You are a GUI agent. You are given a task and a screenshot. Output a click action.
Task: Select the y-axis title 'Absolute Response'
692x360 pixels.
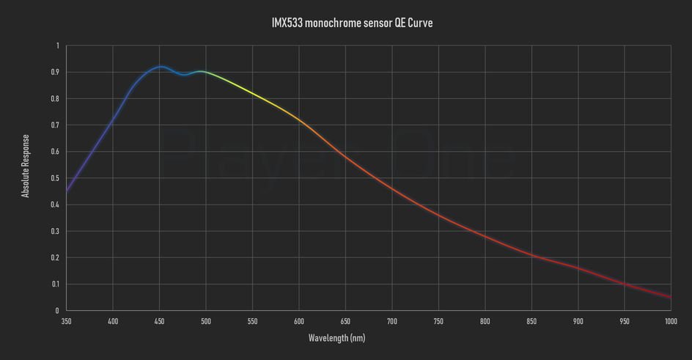pos(26,166)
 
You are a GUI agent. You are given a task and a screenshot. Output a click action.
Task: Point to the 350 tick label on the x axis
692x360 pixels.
pos(66,321)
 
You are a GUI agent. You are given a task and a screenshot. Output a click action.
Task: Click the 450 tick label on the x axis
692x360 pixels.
pos(159,321)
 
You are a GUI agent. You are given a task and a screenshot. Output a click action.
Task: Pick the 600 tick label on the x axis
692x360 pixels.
pos(299,321)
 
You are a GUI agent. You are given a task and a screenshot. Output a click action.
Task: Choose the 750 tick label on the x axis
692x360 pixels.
pos(438,321)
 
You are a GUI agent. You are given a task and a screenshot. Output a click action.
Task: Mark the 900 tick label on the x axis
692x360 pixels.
pos(578,321)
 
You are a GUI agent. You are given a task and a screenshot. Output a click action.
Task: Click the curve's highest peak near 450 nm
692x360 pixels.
pos(161,67)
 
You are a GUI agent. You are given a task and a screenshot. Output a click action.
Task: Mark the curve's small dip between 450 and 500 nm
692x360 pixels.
pos(183,75)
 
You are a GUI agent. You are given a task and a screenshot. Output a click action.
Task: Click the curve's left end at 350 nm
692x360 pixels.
pos(67,191)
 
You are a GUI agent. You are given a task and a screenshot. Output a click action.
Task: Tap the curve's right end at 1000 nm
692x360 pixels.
pos(670,297)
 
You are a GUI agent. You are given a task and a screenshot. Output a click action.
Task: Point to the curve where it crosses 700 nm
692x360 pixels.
pos(392,188)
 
